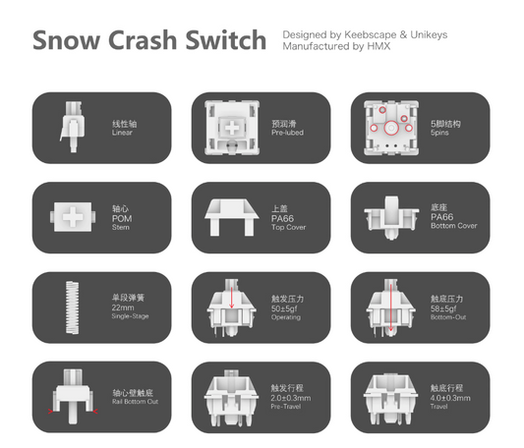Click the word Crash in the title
click(x=143, y=40)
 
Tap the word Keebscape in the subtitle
click(x=371, y=34)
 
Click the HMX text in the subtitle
click(x=378, y=46)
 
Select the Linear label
click(x=122, y=133)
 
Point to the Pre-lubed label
click(x=287, y=133)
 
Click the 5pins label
click(x=439, y=133)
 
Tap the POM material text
click(x=122, y=219)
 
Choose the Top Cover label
click(x=288, y=227)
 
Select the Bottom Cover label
click(x=454, y=226)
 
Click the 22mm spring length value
click(x=123, y=308)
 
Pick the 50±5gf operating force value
click(x=284, y=308)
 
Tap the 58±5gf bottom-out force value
click(x=443, y=308)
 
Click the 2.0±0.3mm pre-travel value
click(x=291, y=398)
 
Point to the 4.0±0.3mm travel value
click(x=450, y=398)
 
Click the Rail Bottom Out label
click(x=135, y=402)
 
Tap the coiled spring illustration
click(x=72, y=308)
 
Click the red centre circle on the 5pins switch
click(x=391, y=128)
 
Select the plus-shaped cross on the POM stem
click(x=73, y=217)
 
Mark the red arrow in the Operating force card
click(x=232, y=295)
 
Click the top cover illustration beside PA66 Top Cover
click(x=232, y=217)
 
